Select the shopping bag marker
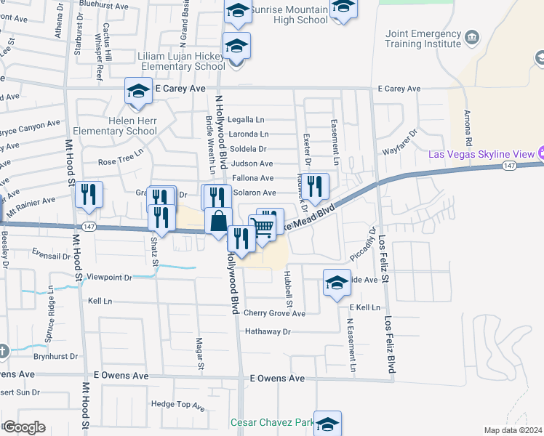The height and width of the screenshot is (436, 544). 218,220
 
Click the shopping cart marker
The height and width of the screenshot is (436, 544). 263,226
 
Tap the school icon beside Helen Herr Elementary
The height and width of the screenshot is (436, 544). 137,91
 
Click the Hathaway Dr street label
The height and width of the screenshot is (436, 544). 267,331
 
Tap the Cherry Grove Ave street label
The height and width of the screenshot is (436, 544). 274,313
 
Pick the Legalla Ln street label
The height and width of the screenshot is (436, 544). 246,119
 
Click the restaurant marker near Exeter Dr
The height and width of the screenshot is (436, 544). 316,186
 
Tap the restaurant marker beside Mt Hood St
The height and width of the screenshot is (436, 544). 89,194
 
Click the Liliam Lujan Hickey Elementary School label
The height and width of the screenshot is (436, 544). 181,61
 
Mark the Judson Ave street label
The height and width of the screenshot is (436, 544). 252,163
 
